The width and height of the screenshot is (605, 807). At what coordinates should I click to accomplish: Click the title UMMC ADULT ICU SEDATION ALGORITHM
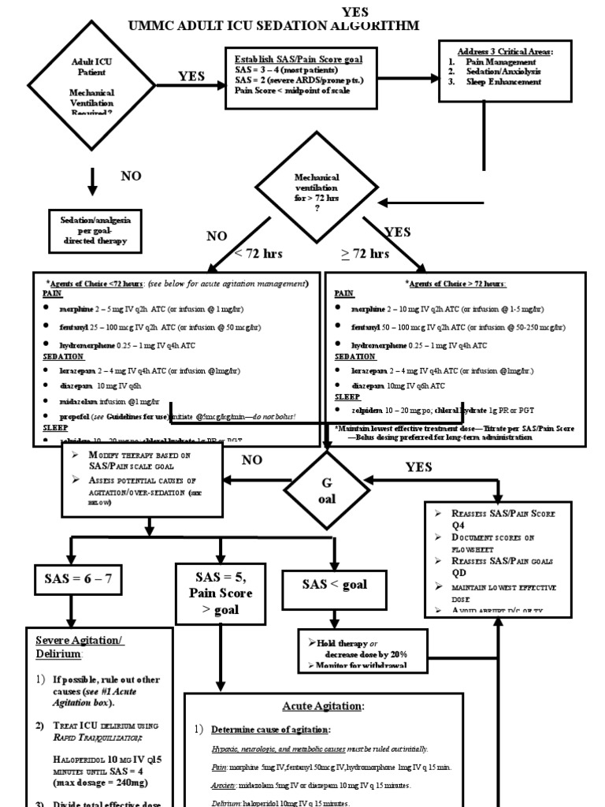click(x=274, y=26)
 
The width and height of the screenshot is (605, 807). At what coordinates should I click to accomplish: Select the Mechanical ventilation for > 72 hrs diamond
click(x=316, y=203)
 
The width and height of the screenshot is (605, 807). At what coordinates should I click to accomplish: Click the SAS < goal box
click(x=335, y=584)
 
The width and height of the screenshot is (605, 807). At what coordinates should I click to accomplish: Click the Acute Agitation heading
click(x=319, y=706)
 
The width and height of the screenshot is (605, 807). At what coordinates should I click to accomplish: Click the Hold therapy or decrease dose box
click(x=364, y=649)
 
